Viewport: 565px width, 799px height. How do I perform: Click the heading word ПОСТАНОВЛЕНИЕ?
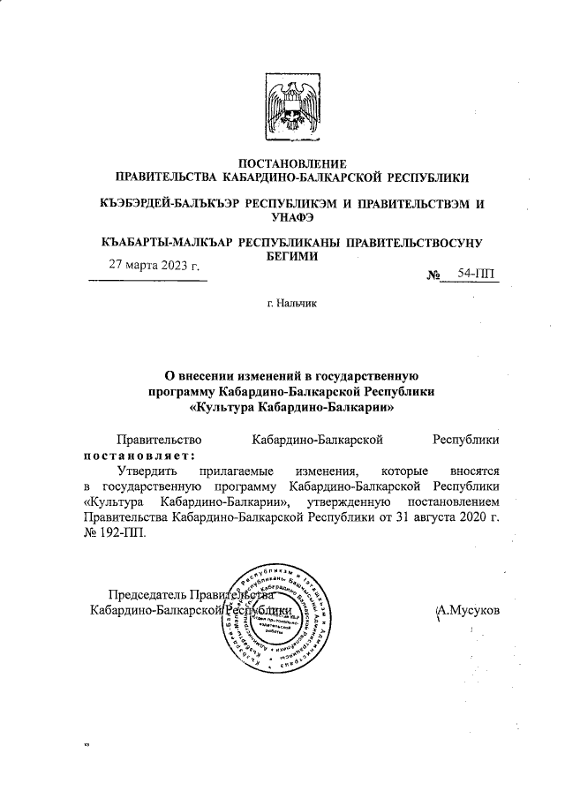[x=292, y=163]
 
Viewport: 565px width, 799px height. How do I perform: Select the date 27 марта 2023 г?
[x=154, y=265]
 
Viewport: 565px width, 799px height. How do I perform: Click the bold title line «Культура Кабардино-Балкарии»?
[x=292, y=408]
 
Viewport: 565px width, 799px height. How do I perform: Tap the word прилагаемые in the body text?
[x=236, y=473]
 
